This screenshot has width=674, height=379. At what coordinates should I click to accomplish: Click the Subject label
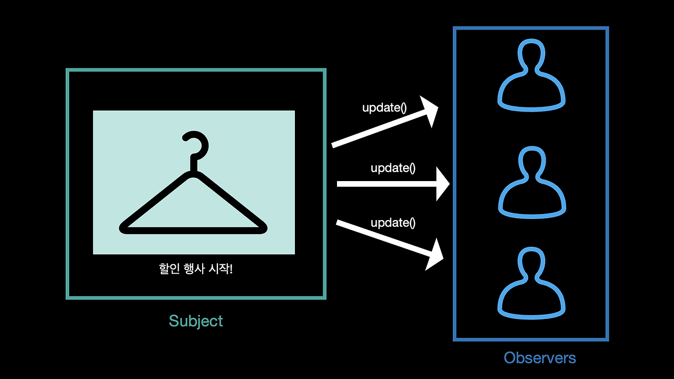pyautogui.click(x=196, y=321)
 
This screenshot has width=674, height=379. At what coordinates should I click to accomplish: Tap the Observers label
pyautogui.click(x=540, y=358)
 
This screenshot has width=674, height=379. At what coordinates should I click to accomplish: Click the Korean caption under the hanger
pyautogui.click(x=195, y=269)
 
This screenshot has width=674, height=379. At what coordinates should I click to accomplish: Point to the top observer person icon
pyautogui.click(x=531, y=76)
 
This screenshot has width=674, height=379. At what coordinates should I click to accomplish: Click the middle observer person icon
pyautogui.click(x=531, y=182)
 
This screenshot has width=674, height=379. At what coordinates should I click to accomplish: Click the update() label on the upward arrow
pyautogui.click(x=384, y=107)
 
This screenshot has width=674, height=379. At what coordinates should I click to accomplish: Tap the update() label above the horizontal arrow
pyautogui.click(x=393, y=168)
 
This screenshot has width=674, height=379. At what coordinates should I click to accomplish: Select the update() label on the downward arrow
pyautogui.click(x=393, y=223)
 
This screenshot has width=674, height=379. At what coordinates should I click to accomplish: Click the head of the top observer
pyautogui.click(x=531, y=55)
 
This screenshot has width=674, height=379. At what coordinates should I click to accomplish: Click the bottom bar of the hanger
pyautogui.click(x=194, y=229)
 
